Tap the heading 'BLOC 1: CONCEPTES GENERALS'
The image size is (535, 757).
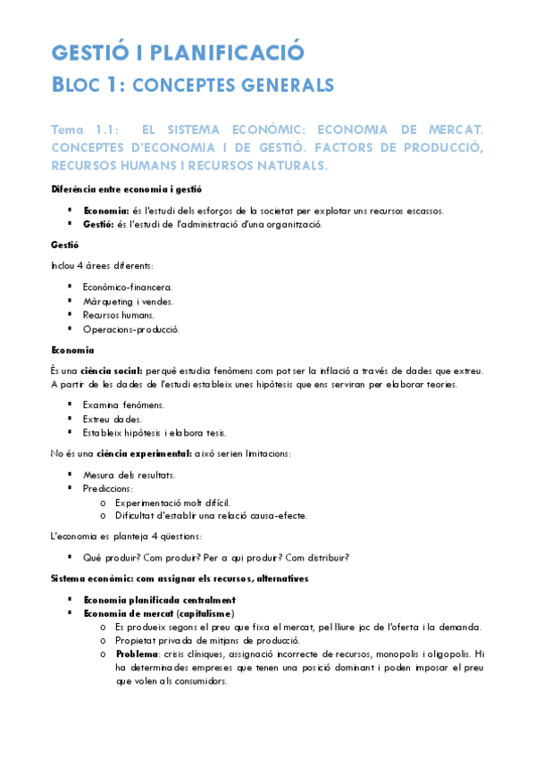coord(192,86)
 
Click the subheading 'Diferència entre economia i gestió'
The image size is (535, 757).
coord(126,188)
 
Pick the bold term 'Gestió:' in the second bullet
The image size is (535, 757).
coord(100,224)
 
